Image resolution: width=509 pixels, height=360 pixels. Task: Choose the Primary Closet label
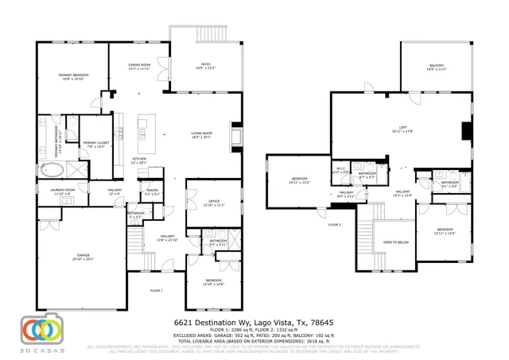pyautogui.click(x=95, y=145)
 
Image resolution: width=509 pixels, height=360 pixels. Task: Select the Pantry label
pyautogui.click(x=150, y=192)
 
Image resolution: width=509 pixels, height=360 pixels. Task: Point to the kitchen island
pyautogui.click(x=144, y=134)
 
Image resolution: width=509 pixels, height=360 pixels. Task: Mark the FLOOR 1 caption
pyautogui.click(x=156, y=290)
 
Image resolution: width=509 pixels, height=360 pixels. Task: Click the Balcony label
pyautogui.click(x=436, y=67)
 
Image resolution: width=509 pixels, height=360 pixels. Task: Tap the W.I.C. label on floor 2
pyautogui.click(x=340, y=170)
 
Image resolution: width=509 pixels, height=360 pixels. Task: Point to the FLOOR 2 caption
pyautogui.click(x=335, y=225)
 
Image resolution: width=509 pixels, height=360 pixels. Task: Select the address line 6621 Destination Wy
pyautogui.click(x=254, y=323)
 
